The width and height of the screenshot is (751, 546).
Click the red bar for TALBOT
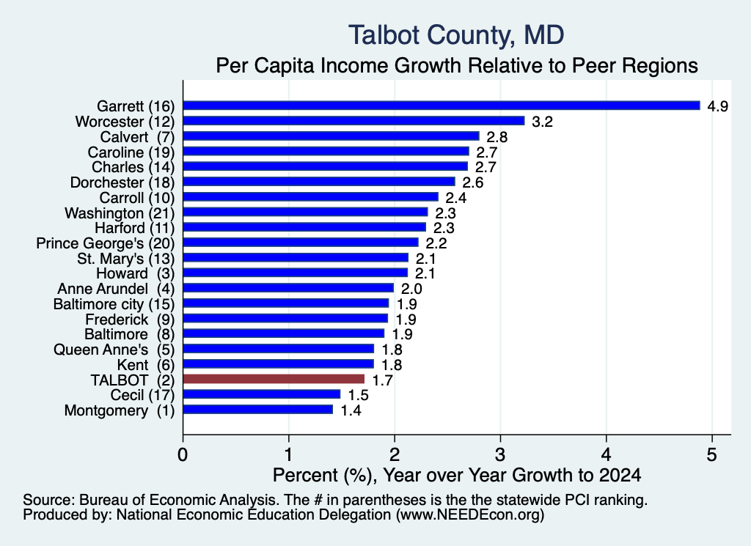[x=274, y=380]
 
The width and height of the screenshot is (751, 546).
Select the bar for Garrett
[x=442, y=106]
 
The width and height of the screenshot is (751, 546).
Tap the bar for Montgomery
[x=258, y=410]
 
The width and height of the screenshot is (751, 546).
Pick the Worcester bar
[x=354, y=121]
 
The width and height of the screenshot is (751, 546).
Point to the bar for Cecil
[x=262, y=394]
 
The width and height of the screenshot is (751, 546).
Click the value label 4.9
[x=717, y=106]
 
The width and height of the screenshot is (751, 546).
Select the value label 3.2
[x=542, y=122]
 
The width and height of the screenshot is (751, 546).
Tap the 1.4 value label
[x=351, y=410]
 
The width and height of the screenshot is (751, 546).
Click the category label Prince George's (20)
[x=106, y=243]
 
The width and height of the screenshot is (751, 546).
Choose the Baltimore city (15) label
[x=114, y=304]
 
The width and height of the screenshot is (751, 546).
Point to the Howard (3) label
[x=136, y=273]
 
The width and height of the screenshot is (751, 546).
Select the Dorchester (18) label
[x=122, y=182]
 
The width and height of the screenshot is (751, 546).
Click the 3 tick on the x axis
[x=500, y=454]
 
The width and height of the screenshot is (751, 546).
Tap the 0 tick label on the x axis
[x=183, y=454]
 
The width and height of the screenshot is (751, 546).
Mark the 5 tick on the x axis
[x=711, y=454]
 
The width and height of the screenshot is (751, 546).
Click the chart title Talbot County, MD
[x=456, y=35]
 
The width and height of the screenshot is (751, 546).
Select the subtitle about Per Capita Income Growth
[x=457, y=65]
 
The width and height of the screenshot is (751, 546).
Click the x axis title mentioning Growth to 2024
[x=457, y=475]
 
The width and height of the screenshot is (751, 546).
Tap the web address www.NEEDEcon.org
[x=470, y=515]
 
